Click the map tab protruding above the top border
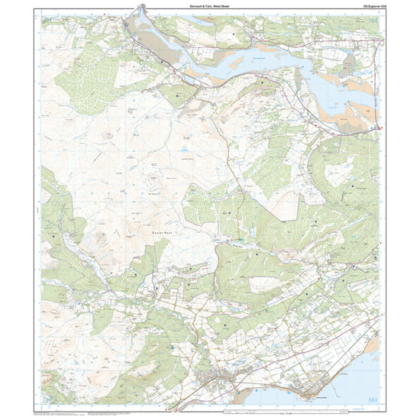point(140,8)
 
